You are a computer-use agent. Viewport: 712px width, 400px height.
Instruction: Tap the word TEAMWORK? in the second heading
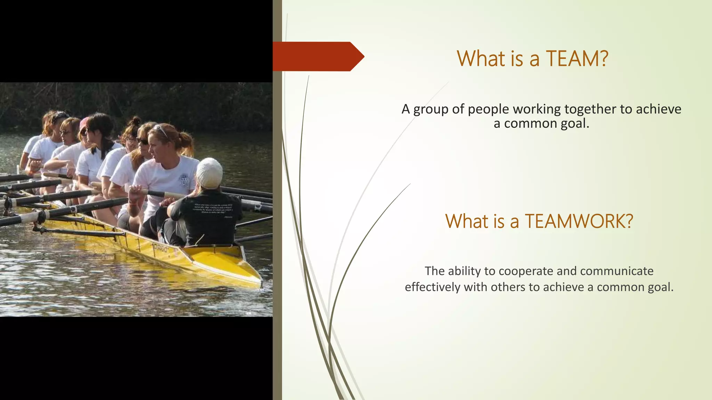click(x=579, y=221)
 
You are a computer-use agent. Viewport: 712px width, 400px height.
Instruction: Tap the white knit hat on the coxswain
click(x=210, y=173)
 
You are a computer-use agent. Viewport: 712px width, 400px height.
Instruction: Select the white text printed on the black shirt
click(x=213, y=209)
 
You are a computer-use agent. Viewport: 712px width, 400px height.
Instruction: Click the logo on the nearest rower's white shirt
click(x=184, y=180)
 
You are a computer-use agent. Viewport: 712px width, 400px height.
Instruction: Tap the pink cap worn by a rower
click(x=84, y=123)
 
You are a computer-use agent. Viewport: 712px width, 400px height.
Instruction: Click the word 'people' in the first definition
click(x=488, y=109)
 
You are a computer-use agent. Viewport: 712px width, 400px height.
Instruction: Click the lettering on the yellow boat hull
click(x=161, y=249)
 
